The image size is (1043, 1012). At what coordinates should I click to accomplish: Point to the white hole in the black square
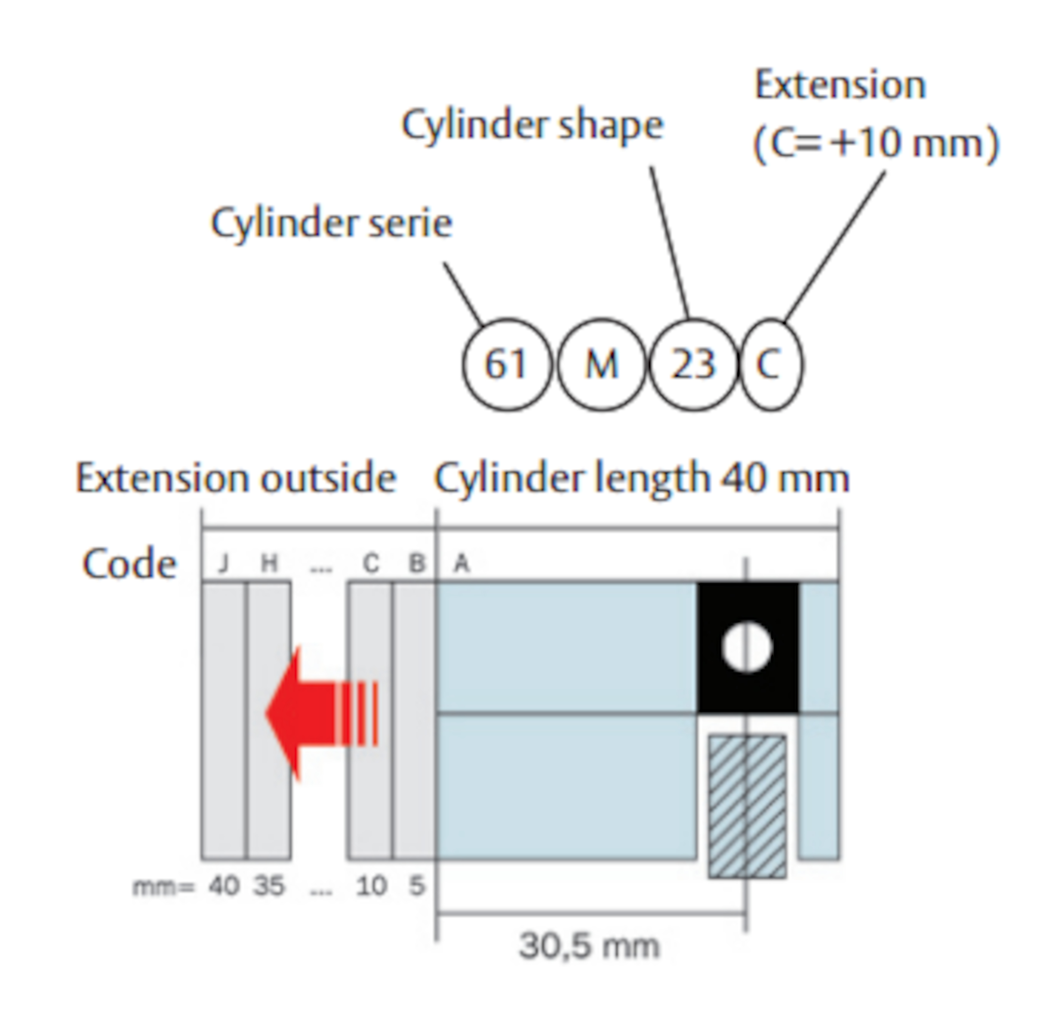click(x=747, y=647)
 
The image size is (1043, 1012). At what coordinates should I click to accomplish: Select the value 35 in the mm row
click(x=269, y=886)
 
